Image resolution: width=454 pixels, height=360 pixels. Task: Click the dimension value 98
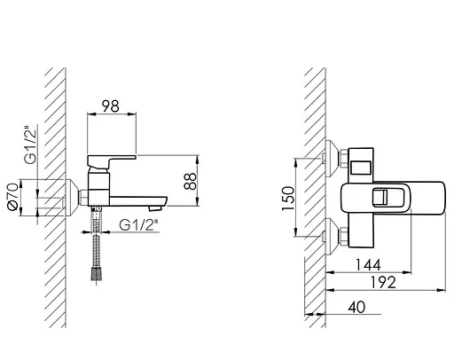click(111, 106)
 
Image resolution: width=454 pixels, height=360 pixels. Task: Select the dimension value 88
click(190, 181)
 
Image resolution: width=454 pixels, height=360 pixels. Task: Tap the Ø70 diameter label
click(13, 197)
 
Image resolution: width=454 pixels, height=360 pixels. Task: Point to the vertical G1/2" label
click(30, 145)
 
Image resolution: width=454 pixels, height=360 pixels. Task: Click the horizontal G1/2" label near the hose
click(137, 225)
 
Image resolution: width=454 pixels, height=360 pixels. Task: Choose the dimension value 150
click(288, 199)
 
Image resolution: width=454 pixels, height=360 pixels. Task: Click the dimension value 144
click(368, 265)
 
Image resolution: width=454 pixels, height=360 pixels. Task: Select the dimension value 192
click(383, 283)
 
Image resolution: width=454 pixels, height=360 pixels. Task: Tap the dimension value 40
click(356, 307)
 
